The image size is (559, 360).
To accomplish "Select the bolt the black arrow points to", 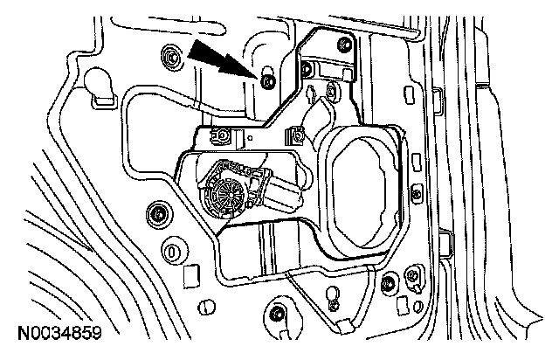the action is (x=267, y=80).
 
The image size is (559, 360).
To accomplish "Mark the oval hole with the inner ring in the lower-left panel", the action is (x=173, y=252).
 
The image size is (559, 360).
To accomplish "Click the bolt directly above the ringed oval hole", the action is (x=158, y=213).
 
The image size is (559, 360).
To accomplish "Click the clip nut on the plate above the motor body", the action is (x=298, y=135).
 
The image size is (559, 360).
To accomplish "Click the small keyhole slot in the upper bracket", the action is (x=314, y=92).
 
